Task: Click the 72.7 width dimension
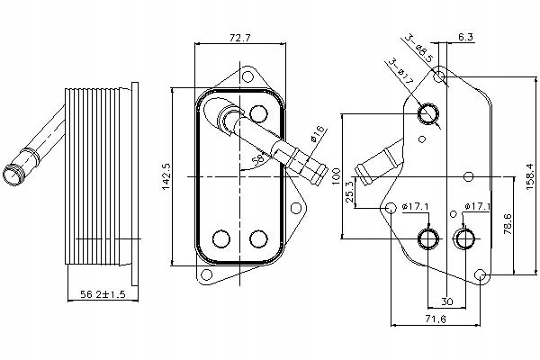pos(239,38)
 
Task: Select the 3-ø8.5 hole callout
pos(418,47)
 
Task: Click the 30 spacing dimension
pos(447,301)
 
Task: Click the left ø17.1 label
pos(415,208)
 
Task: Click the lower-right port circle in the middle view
pos(259,239)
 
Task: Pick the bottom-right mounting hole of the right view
pos(481,274)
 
